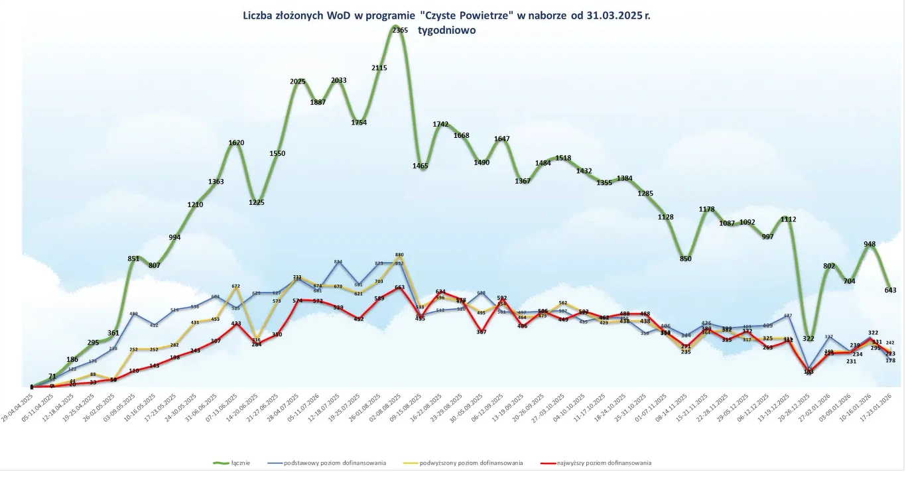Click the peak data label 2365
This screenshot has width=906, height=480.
tap(400, 30)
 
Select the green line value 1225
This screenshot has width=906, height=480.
tap(257, 202)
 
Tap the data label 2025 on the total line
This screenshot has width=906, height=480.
tap(298, 82)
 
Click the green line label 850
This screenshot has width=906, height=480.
tap(686, 259)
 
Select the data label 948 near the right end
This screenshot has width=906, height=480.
tap(870, 244)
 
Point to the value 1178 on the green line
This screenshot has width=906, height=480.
tap(706, 209)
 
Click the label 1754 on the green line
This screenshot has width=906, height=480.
tap(359, 122)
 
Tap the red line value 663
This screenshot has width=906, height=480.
tap(400, 288)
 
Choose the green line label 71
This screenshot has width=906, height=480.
tap(52, 376)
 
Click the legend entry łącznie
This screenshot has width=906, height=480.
tap(241, 463)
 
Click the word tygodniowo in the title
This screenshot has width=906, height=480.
tap(447, 30)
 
